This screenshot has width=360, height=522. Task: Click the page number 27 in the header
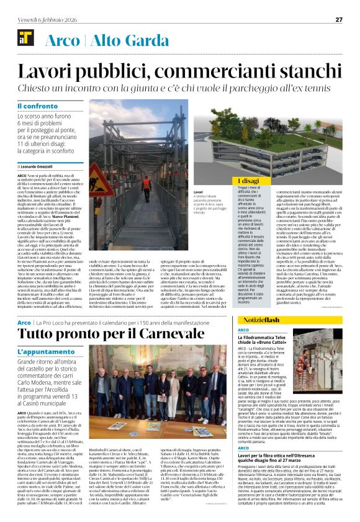click(x=339, y=19)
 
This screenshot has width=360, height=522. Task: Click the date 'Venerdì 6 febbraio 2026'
click(x=44, y=19)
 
